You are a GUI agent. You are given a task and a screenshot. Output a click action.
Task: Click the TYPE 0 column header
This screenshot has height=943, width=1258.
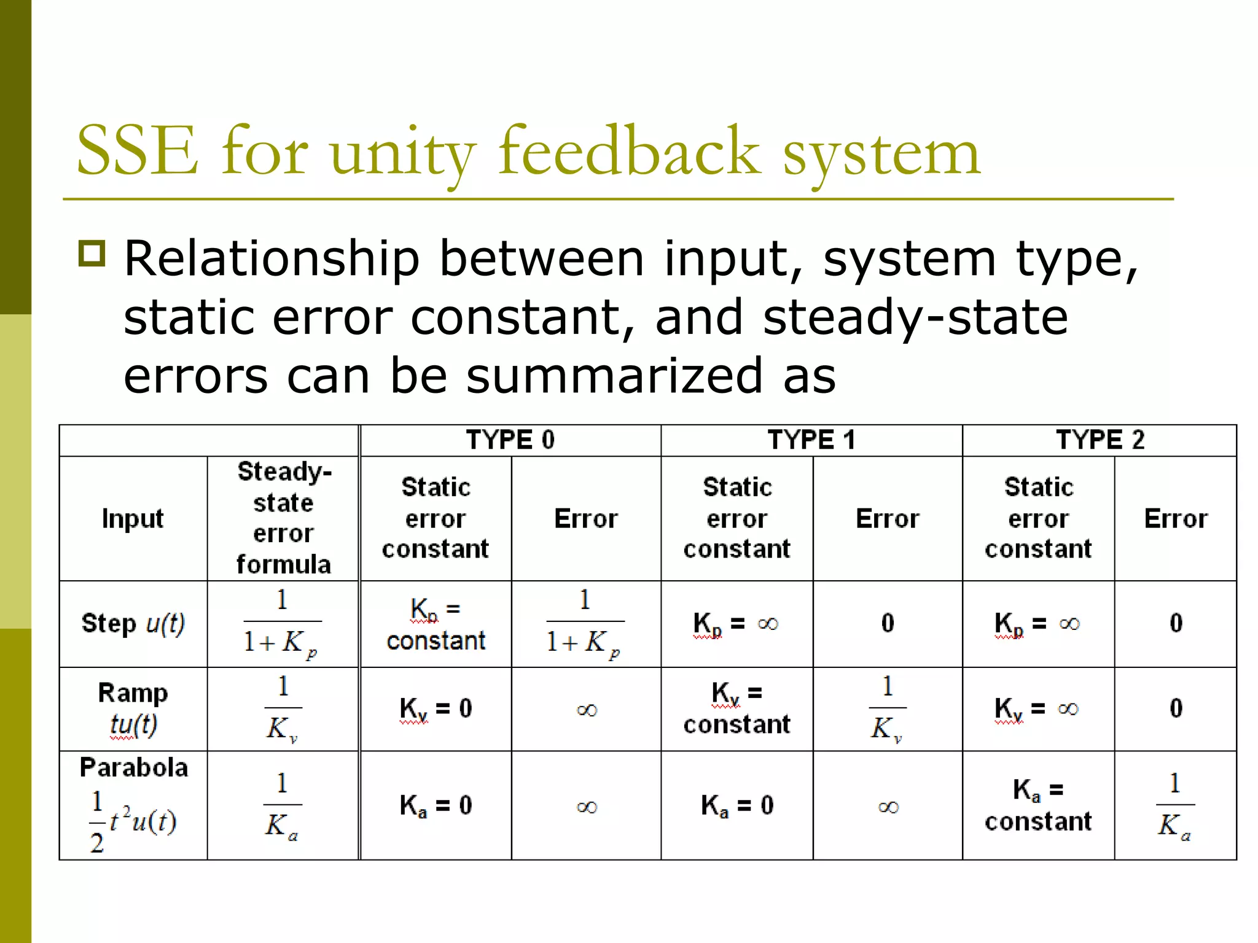pyautogui.click(x=510, y=440)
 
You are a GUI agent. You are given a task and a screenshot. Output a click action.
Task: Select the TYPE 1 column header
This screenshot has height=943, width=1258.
pyautogui.click(x=811, y=440)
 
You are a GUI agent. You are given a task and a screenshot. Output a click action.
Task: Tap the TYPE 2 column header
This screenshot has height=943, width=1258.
pyautogui.click(x=1100, y=440)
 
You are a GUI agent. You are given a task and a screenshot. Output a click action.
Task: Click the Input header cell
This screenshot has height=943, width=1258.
pyautogui.click(x=133, y=519)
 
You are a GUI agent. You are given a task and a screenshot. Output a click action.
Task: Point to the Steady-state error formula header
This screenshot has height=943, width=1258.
pyautogui.click(x=283, y=518)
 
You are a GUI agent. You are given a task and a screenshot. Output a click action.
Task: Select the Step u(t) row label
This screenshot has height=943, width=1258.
pyautogui.click(x=133, y=623)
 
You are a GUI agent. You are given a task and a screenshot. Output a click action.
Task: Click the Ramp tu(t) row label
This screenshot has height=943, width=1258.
pyautogui.click(x=133, y=708)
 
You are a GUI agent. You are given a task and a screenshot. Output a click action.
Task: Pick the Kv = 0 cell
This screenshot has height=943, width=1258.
pyautogui.click(x=436, y=708)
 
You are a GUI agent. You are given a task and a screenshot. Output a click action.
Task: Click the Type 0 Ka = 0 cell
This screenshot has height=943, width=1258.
pyautogui.click(x=436, y=805)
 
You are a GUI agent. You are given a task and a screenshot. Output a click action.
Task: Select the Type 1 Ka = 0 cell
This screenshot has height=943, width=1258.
pyautogui.click(x=737, y=805)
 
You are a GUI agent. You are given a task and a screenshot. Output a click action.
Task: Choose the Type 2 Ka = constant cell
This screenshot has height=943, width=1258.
pyautogui.click(x=1038, y=805)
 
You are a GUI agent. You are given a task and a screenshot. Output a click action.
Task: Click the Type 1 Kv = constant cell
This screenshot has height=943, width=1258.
pyautogui.click(x=737, y=708)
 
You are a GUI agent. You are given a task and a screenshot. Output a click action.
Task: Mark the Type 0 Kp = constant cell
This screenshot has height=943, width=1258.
pyautogui.click(x=436, y=624)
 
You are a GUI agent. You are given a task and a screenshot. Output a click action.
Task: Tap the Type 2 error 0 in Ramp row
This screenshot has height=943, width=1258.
pyautogui.click(x=1176, y=708)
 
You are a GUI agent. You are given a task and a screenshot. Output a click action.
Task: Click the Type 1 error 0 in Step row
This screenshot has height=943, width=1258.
pyautogui.click(x=888, y=623)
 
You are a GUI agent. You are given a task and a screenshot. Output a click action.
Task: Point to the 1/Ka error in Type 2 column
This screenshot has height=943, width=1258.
pyautogui.click(x=1175, y=805)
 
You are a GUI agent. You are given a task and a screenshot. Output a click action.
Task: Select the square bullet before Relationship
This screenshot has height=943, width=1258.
pyautogui.click(x=92, y=253)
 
